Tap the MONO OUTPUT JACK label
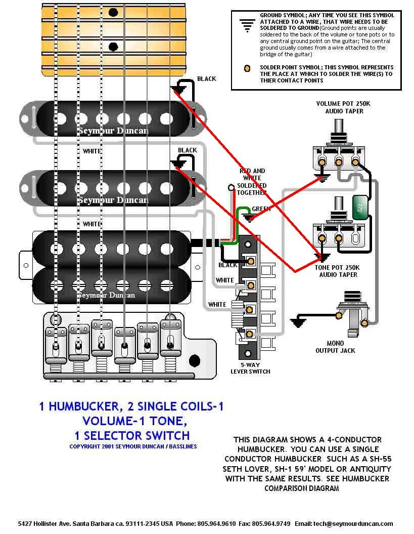click(x=335, y=347)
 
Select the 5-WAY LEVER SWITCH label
click(x=250, y=367)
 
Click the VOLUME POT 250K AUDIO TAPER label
click(x=343, y=107)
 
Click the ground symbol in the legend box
click(x=247, y=25)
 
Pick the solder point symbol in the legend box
click(x=247, y=68)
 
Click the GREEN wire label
click(x=261, y=209)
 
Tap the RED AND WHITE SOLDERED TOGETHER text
click(x=252, y=182)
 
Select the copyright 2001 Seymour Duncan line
click(x=133, y=446)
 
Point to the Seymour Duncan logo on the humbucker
click(x=106, y=295)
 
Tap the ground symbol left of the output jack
click(x=298, y=321)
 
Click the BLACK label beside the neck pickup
click(x=206, y=78)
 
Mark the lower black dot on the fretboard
click(x=113, y=47)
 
